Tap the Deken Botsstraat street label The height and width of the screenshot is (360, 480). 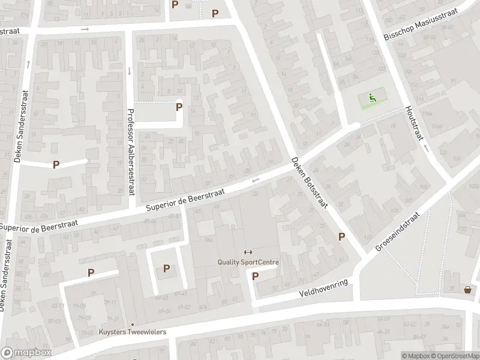click(x=308, y=183)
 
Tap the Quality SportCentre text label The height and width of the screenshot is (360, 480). click(x=248, y=262)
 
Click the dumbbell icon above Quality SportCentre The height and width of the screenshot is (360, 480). click(x=248, y=252)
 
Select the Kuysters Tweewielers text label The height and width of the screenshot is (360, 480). click(x=133, y=332)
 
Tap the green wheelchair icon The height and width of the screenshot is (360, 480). click(x=373, y=98)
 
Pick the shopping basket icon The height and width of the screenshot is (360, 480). click(x=467, y=290)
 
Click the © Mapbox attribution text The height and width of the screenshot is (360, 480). click(x=415, y=356)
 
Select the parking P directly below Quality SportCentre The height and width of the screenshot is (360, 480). click(x=255, y=277)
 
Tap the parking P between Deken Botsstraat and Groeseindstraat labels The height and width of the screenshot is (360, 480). click(x=341, y=236)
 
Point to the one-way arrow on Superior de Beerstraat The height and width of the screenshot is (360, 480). click(x=255, y=180)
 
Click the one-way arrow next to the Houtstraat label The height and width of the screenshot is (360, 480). click(x=425, y=146)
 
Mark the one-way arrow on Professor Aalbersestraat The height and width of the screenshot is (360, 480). click(x=129, y=71)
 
